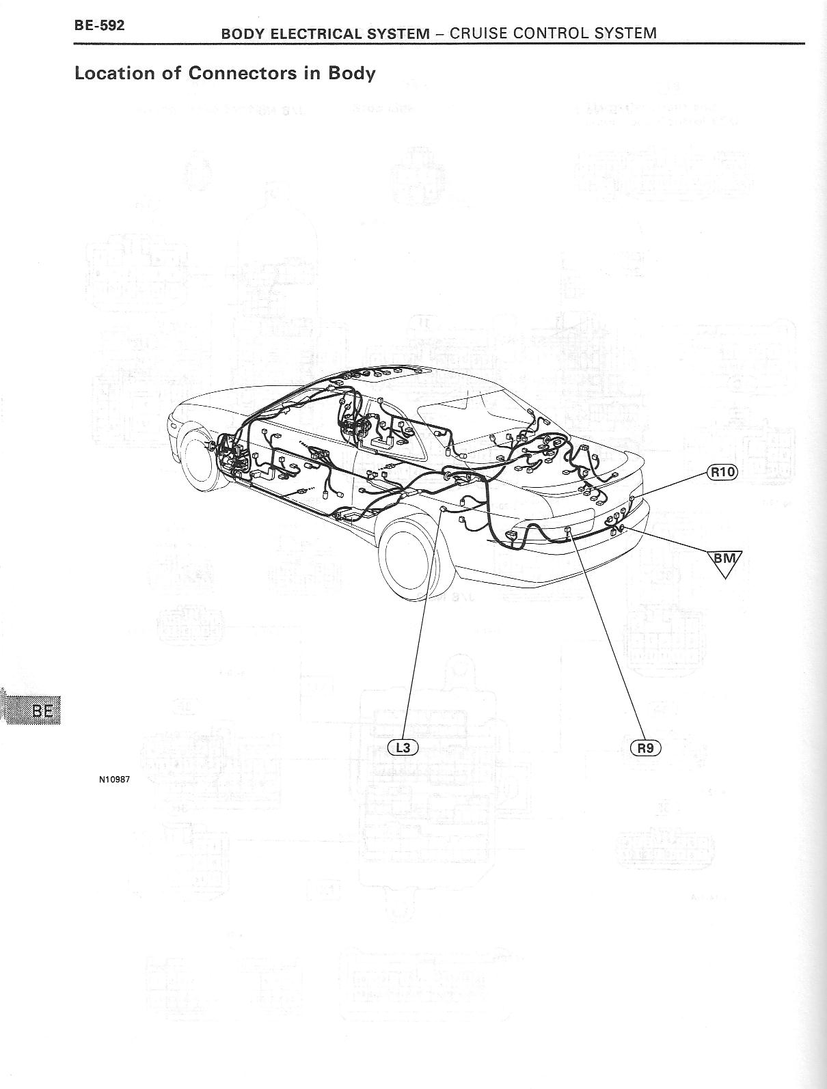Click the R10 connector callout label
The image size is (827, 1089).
722,471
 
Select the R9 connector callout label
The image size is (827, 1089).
645,747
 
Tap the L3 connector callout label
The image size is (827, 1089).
403,747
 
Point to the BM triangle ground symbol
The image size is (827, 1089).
725,561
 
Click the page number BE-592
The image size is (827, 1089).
99,27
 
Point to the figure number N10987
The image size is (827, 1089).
114,777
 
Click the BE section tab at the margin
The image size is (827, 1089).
42,711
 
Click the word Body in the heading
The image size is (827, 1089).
351,73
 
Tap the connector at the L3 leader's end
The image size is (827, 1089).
443,510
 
